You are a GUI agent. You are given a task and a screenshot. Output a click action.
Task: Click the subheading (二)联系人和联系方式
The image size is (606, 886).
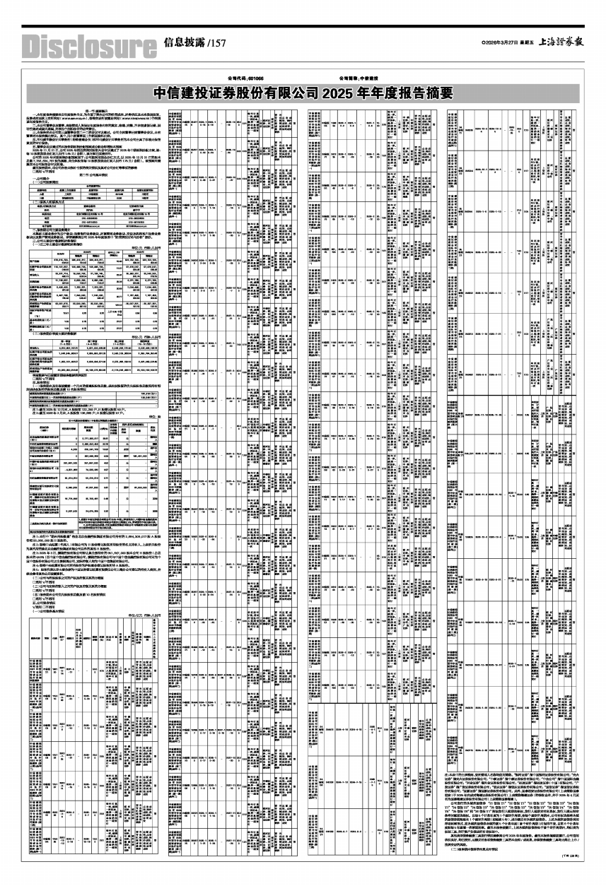coord(54,202)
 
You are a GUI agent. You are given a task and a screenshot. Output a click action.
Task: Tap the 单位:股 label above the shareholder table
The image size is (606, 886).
coord(154,416)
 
